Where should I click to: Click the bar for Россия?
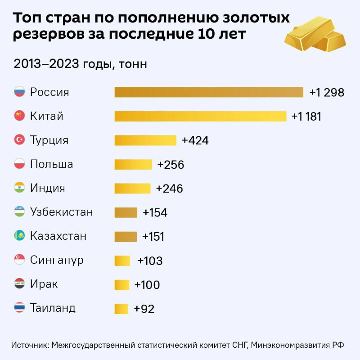coord(209,92)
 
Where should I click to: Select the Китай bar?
coord(200,116)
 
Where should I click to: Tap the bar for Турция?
coord(145,140)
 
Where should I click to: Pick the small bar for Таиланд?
coord(121,309)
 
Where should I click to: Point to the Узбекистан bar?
coord(126,212)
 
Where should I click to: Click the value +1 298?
coord(327,93)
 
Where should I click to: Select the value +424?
coord(195,140)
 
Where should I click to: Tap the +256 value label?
coord(171,165)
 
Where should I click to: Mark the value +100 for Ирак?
coord(147,285)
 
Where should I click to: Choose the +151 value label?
coord(153,237)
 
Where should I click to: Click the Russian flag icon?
coord(19,92)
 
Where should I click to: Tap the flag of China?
coord(19,116)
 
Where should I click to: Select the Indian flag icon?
coord(19,188)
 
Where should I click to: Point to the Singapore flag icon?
coord(19,260)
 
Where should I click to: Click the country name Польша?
coord(51,164)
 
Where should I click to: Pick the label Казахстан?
coord(58,236)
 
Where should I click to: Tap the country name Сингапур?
coord(57,260)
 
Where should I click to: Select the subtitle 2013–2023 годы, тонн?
coord(81,64)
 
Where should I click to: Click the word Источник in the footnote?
coord(30,345)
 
